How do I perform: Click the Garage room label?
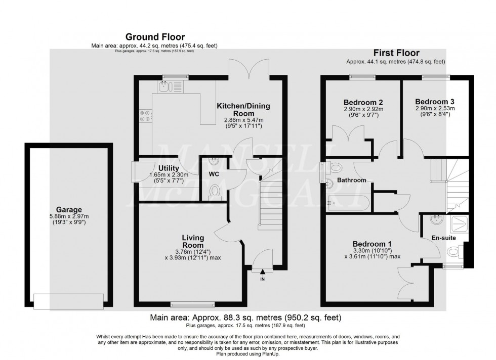(x=69, y=210)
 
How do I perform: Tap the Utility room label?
(x=168, y=168)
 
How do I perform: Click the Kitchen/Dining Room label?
(x=243, y=109)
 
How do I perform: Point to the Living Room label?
(x=193, y=241)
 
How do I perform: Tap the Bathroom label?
(x=352, y=180)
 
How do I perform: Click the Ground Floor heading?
(x=155, y=37)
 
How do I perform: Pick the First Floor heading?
(x=396, y=53)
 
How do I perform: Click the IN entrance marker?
(x=262, y=279)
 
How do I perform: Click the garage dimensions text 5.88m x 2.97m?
(x=69, y=218)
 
